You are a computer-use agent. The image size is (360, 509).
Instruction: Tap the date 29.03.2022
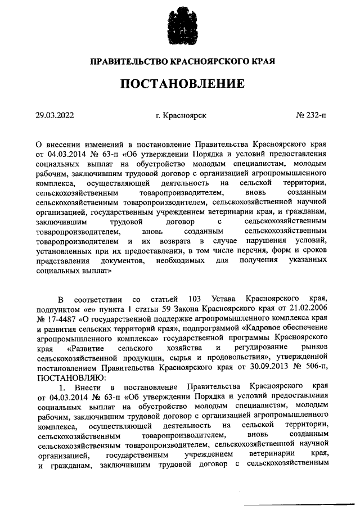[x=55, y=115]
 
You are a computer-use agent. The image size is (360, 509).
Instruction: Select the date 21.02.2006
[x=307, y=307]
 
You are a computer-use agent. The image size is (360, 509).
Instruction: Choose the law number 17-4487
[x=61, y=317]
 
